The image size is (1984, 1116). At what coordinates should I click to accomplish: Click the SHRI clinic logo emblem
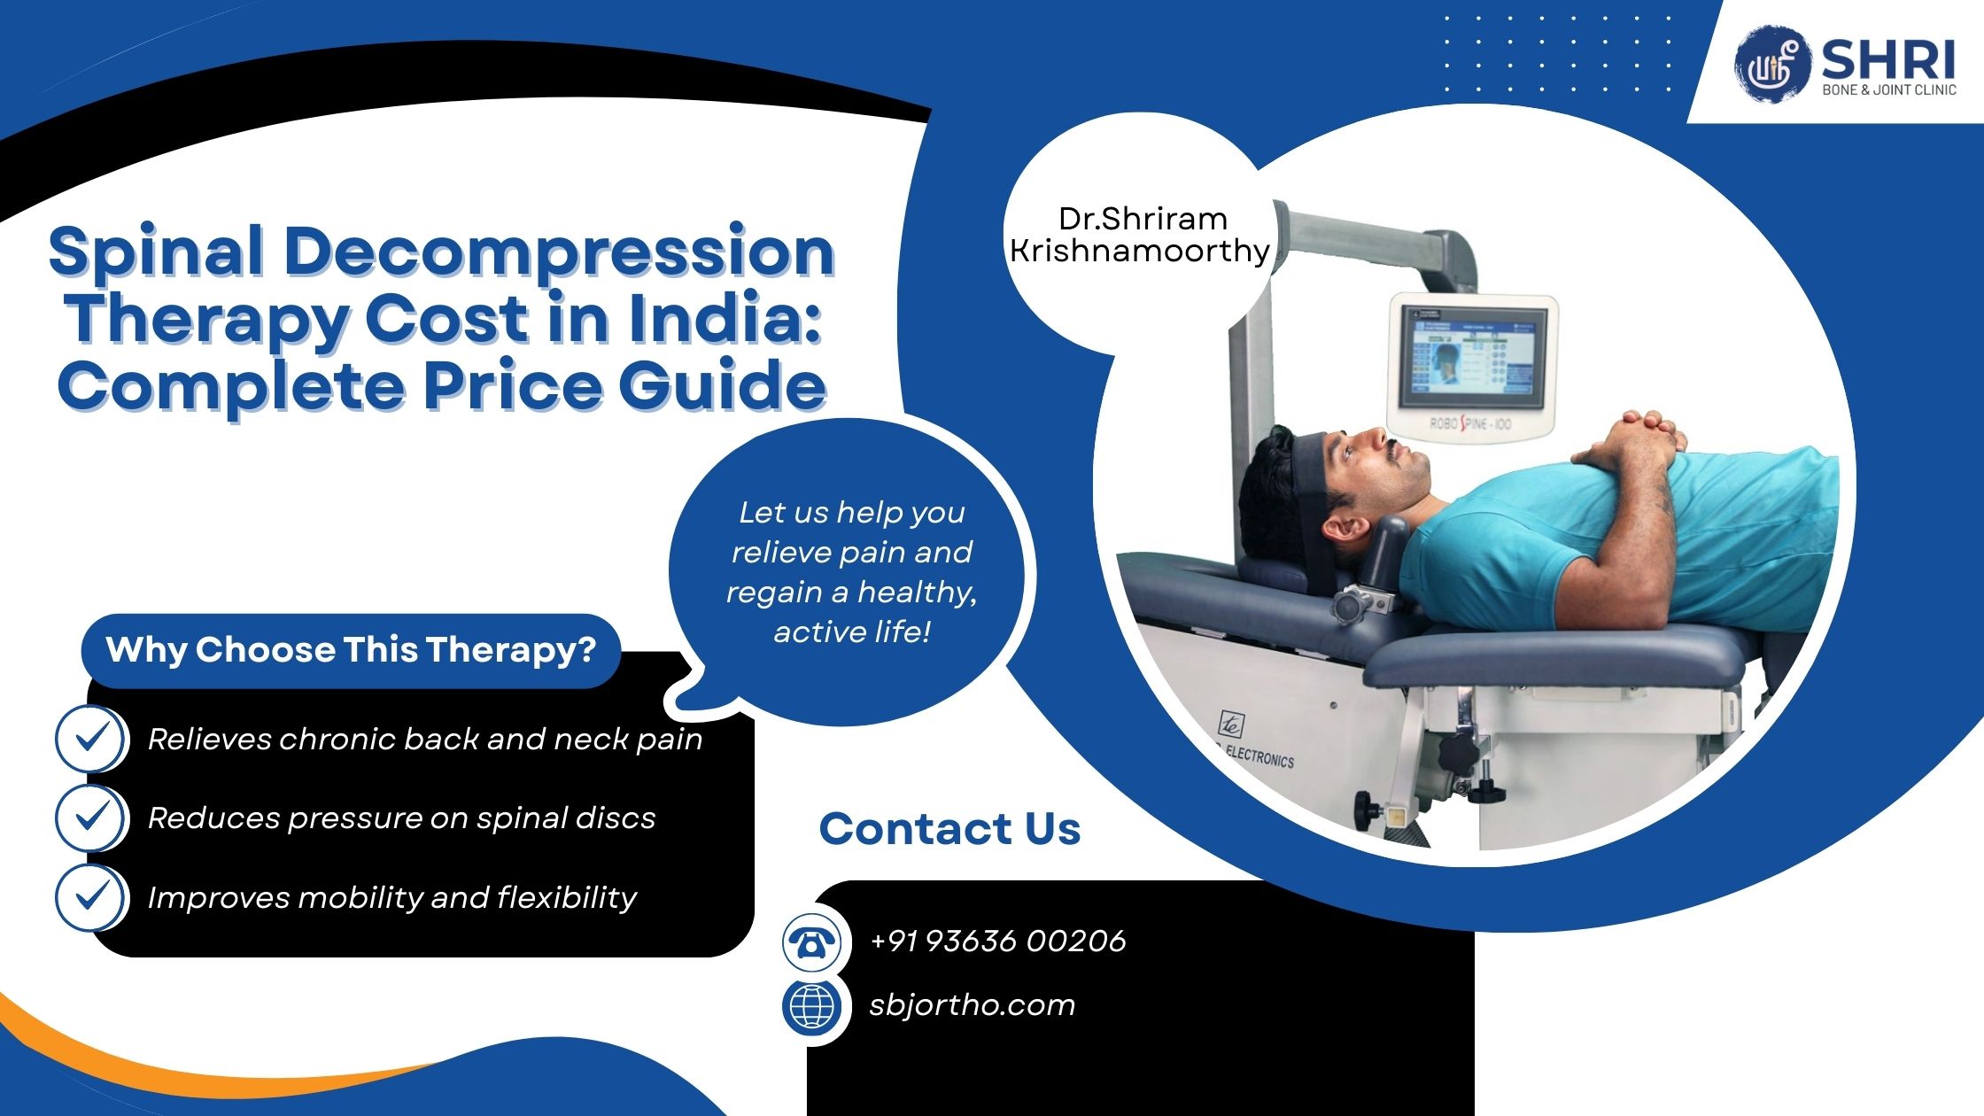(x=1770, y=61)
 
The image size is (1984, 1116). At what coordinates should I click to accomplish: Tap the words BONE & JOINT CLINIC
(x=1888, y=90)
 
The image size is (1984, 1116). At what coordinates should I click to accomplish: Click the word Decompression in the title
(x=559, y=252)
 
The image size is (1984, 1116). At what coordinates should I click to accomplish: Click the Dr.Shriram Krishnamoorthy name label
(x=1141, y=235)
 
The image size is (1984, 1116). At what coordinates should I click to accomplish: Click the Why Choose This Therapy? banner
(x=351, y=650)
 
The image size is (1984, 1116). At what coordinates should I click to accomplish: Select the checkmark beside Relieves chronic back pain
(x=90, y=738)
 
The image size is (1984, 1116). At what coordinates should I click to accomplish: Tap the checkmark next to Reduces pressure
(x=90, y=817)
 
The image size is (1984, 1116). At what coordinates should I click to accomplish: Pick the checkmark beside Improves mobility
(x=90, y=896)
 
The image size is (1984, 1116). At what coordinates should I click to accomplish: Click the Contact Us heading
(x=949, y=829)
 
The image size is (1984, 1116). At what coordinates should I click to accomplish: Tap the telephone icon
(x=811, y=942)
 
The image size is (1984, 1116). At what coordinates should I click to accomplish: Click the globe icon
(x=811, y=1006)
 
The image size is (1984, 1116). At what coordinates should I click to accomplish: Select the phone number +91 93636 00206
(x=997, y=941)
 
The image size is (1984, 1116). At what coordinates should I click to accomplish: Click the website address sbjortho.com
(x=972, y=1005)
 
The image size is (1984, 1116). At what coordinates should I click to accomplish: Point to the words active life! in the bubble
(x=851, y=632)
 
